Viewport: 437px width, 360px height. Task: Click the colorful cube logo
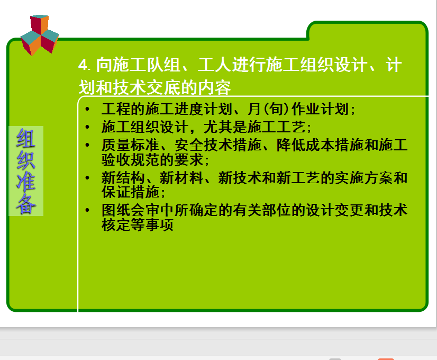pyautogui.click(x=40, y=35)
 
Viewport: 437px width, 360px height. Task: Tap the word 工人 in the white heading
pyautogui.click(x=214, y=65)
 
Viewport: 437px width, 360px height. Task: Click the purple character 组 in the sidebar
pyautogui.click(x=26, y=138)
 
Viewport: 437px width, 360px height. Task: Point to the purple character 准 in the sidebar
pyautogui.click(x=26, y=182)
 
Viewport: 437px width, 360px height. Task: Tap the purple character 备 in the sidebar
pyautogui.click(x=26, y=204)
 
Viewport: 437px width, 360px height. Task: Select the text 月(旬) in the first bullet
pyautogui.click(x=269, y=109)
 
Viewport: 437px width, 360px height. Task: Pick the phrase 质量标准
pyautogui.click(x=131, y=145)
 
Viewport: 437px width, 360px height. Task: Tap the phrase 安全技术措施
pyautogui.click(x=218, y=145)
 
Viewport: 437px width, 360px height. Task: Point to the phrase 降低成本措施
pyautogui.click(x=320, y=145)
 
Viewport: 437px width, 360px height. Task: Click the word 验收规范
pyautogui.click(x=131, y=160)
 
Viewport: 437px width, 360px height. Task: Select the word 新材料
pyautogui.click(x=181, y=178)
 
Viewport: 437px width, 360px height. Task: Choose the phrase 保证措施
pyautogui.click(x=131, y=192)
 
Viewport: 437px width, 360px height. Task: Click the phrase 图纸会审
pyautogui.click(x=131, y=210)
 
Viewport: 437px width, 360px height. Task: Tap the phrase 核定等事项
pyautogui.click(x=138, y=225)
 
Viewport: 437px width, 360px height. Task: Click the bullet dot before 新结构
pyautogui.click(x=87, y=178)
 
